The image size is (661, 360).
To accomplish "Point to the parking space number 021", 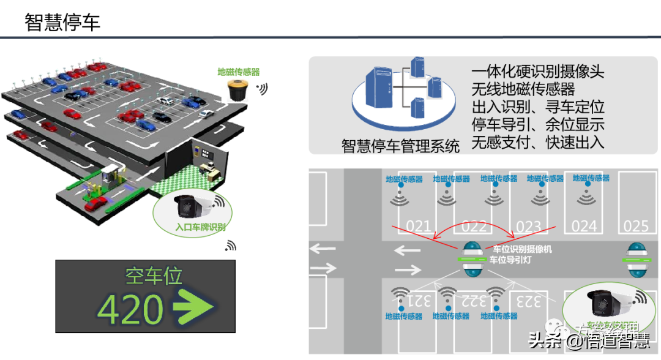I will tap(419, 226).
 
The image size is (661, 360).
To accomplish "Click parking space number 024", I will tap(584, 226).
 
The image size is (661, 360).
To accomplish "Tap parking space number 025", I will tap(635, 226).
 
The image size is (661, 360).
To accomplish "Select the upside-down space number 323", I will tap(528, 301).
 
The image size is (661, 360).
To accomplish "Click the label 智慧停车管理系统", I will tap(400, 146).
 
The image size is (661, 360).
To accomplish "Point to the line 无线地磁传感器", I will tap(523, 89).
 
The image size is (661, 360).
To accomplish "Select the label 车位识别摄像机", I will tap(522, 249).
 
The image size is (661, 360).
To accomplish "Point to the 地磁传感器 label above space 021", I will tap(404, 179).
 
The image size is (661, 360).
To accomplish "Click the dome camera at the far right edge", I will tap(634, 261).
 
